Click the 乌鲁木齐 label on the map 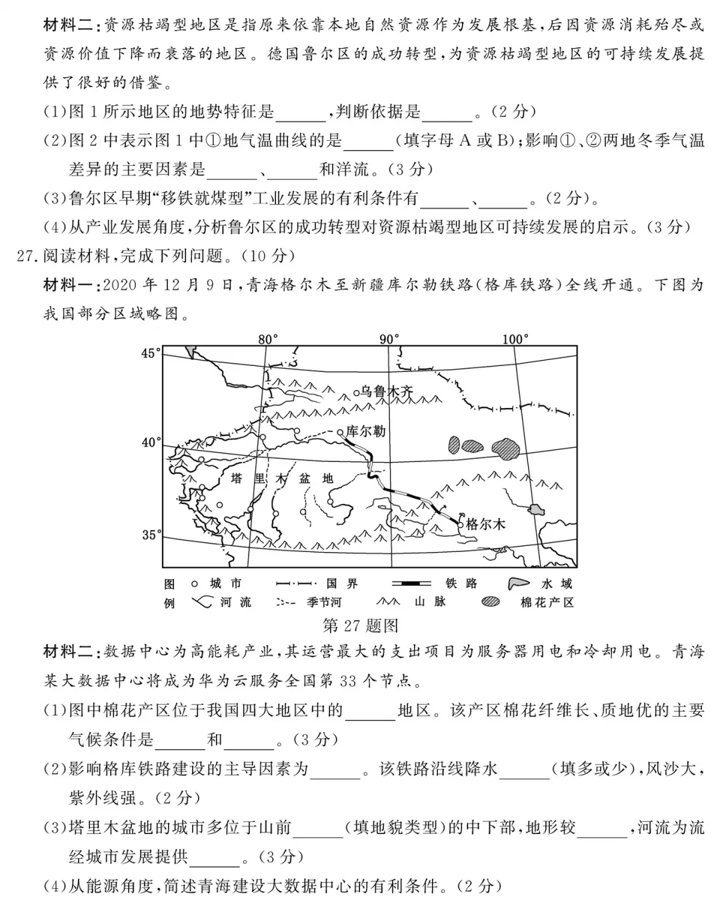coord(387,391)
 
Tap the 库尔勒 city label coord(366,431)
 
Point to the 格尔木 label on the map coord(485,524)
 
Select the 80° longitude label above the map coord(267,339)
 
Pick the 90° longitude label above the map coord(390,339)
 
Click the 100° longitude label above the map coord(515,339)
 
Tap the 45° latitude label coord(151,353)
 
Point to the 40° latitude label coord(151,442)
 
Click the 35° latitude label coord(151,535)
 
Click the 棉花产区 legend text coord(547,603)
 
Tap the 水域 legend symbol coord(522,584)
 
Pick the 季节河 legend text coord(324,603)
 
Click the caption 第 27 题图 coord(360,625)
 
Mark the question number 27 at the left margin coord(25,256)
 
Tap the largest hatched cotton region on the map coord(506,448)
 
